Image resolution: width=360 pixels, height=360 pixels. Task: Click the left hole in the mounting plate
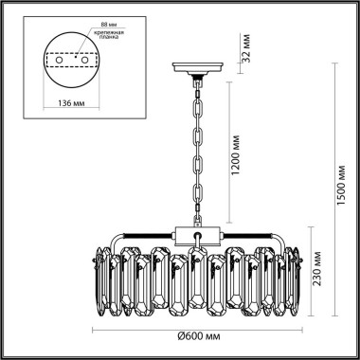[59, 59]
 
